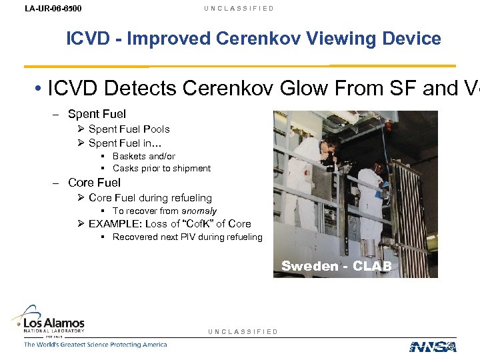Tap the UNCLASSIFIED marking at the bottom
243,331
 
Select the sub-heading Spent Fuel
97,115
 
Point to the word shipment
189,169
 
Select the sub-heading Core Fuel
94,183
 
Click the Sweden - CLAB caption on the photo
340,267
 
